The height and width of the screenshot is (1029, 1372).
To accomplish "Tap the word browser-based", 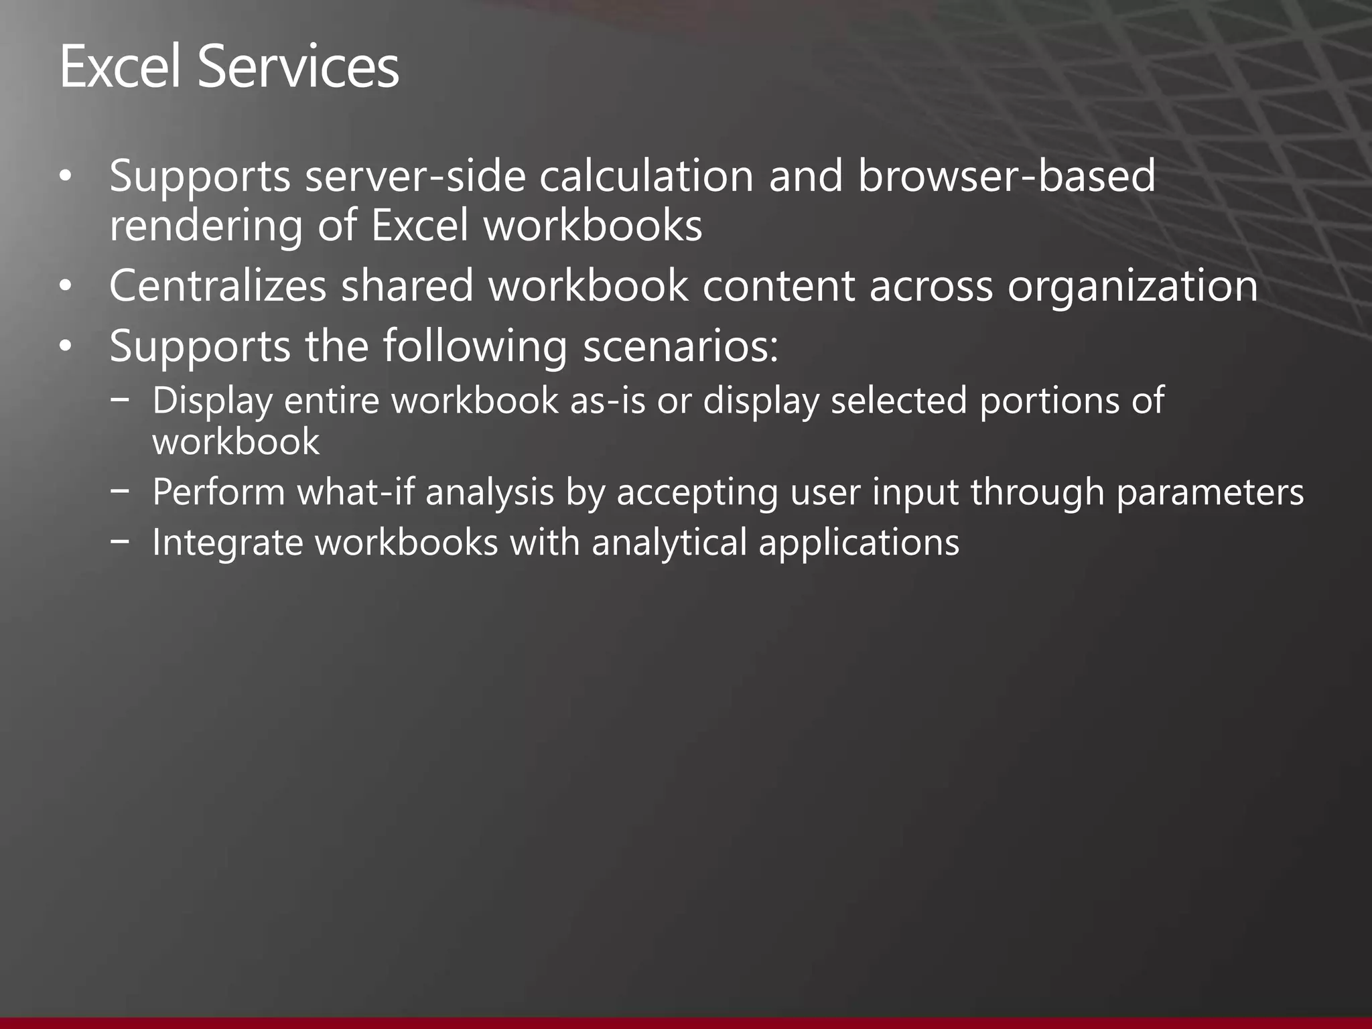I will (x=1006, y=176).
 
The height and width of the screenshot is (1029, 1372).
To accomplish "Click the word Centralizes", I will (x=218, y=286).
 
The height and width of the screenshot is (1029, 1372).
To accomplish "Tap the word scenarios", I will (x=681, y=347).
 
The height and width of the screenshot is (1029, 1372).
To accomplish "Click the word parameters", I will (x=1210, y=492).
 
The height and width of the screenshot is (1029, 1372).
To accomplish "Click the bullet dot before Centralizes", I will (x=64, y=287).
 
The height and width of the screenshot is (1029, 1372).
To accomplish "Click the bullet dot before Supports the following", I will (x=64, y=347).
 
